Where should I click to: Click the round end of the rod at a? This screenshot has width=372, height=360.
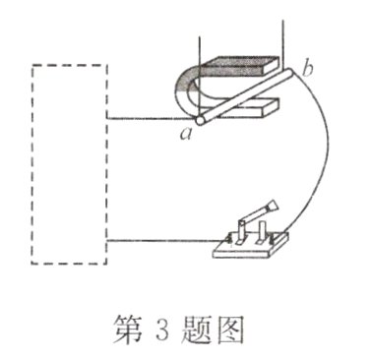[200, 120]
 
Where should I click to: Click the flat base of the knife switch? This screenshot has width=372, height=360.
[251, 249]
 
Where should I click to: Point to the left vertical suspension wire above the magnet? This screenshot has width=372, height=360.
[201, 39]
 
